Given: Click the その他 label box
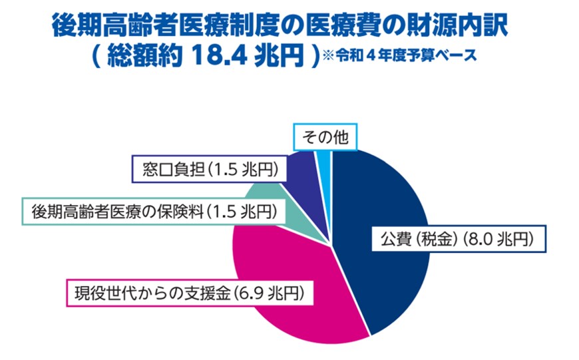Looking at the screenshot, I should click(325, 137).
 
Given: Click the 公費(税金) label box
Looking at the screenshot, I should click(459, 237).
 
